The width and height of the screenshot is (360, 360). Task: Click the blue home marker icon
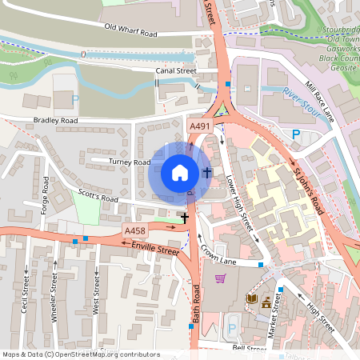pyautogui.click(x=180, y=173)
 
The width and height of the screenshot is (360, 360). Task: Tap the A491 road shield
pyautogui.click(x=199, y=127)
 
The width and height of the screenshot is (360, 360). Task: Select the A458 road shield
pyautogui.click(x=134, y=230)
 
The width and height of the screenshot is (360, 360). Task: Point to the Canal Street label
pyautogui.click(x=175, y=70)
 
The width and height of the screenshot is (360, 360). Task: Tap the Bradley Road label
pyautogui.click(x=55, y=121)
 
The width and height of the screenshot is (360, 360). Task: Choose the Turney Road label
pyautogui.click(x=130, y=162)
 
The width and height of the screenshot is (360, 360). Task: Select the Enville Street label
pyautogui.click(x=155, y=250)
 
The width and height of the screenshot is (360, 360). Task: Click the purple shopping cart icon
pyautogui.click(x=220, y=278)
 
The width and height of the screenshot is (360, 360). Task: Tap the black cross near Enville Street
pyautogui.click(x=185, y=217)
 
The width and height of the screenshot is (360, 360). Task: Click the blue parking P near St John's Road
pyautogui.click(x=295, y=135)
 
